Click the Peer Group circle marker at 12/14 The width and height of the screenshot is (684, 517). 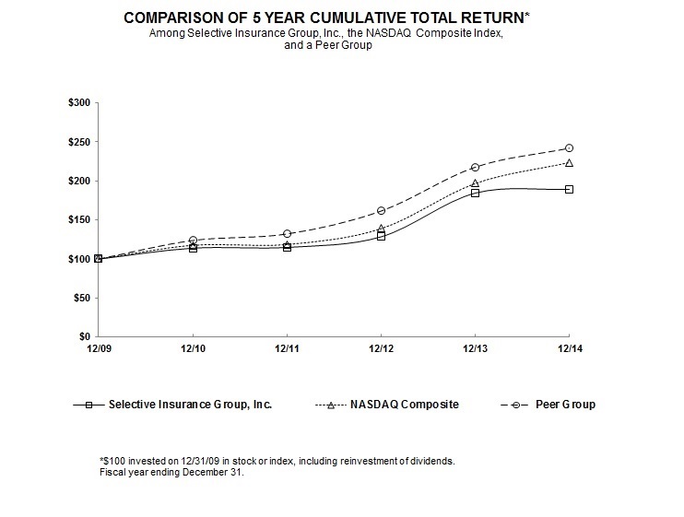click(569, 147)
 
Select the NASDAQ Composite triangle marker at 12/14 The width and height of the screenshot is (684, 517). click(569, 163)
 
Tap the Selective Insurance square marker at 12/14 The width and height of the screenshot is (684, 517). click(569, 189)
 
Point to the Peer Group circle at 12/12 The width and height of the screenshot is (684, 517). click(381, 211)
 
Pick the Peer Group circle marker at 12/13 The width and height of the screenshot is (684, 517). click(475, 167)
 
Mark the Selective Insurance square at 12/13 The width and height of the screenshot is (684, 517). click(475, 193)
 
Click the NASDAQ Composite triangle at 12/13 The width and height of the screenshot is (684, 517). click(475, 182)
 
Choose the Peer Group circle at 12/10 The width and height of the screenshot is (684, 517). click(193, 240)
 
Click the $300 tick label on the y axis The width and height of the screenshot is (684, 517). click(79, 102)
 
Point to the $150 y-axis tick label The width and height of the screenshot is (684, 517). click(79, 219)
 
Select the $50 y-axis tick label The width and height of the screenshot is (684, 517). click(81, 298)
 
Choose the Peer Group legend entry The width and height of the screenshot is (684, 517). click(568, 405)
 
